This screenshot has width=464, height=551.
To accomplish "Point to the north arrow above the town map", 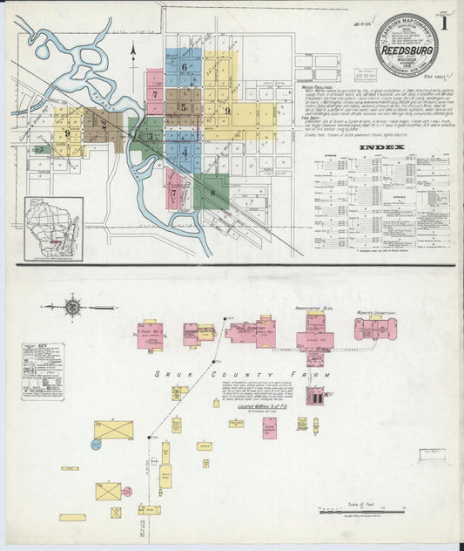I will [132, 55].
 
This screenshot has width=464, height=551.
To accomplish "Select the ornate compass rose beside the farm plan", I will [73, 306].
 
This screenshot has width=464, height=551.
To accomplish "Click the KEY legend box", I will [43, 371].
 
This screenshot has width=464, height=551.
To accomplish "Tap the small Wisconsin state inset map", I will [53, 228].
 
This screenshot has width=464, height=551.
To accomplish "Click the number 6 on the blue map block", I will [185, 66].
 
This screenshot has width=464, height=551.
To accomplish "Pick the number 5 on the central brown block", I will [182, 108].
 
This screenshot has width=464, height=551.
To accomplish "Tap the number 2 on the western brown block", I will [104, 124].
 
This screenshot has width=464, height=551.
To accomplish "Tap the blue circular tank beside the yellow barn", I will [96, 444].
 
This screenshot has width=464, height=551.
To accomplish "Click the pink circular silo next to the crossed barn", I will [127, 492].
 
